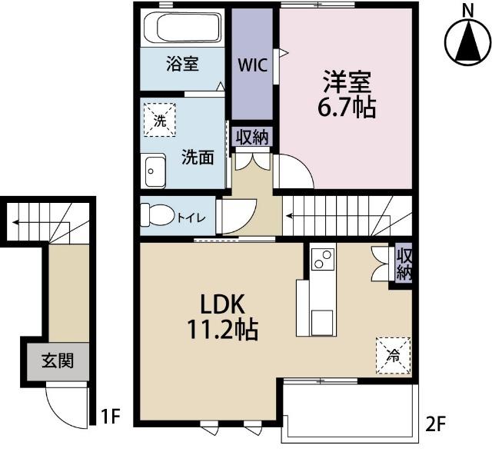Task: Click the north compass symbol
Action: pyautogui.click(x=467, y=40)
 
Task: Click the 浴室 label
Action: pyautogui.click(x=183, y=64)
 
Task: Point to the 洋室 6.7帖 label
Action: pyautogui.click(x=347, y=94)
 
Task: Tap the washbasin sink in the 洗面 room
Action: pyautogui.click(x=155, y=170)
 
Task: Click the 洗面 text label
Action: pyautogui.click(x=198, y=158)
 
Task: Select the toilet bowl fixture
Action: pyautogui.click(x=157, y=215)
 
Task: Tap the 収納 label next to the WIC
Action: pyautogui.click(x=252, y=137)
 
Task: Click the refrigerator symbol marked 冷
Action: pyautogui.click(x=392, y=354)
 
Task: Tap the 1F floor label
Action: pyautogui.click(x=111, y=417)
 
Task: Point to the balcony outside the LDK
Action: pyautogui.click(x=350, y=411)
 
